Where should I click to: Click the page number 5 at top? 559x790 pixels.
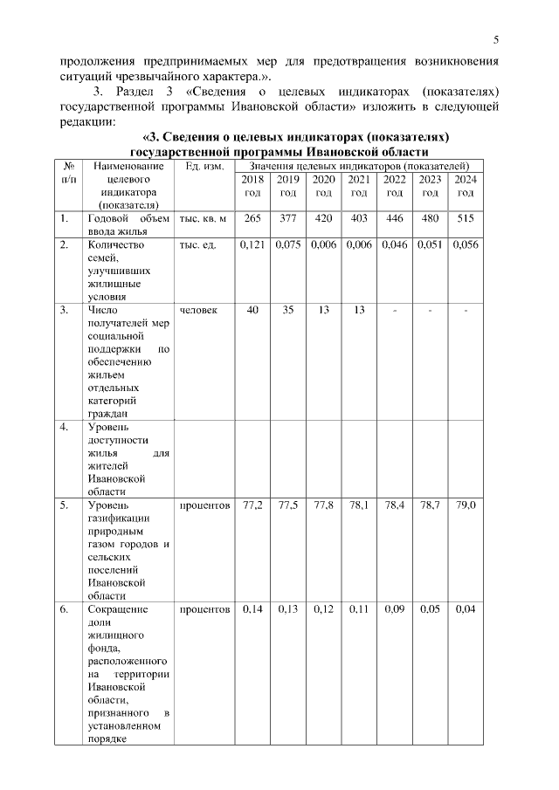(x=495, y=39)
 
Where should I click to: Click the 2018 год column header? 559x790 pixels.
(x=253, y=185)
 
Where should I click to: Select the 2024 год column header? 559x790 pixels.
(x=466, y=185)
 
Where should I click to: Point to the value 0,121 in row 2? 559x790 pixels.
(x=253, y=246)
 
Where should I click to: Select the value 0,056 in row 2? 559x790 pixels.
(x=466, y=246)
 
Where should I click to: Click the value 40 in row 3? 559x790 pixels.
(x=253, y=310)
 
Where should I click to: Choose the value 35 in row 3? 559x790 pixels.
(x=288, y=310)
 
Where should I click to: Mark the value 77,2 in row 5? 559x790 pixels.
(x=253, y=505)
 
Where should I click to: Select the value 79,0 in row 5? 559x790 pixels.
(x=466, y=505)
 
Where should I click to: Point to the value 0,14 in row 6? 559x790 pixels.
(x=253, y=609)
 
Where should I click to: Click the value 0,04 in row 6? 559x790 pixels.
(x=466, y=609)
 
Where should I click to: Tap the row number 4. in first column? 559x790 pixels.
(x=65, y=427)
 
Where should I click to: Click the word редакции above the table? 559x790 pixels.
(x=87, y=123)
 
